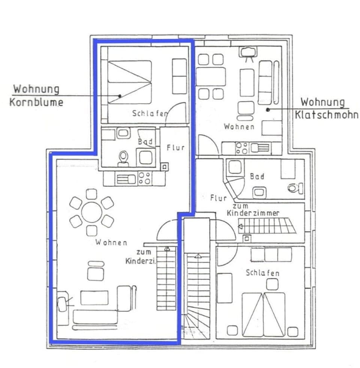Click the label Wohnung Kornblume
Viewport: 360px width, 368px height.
click(36, 96)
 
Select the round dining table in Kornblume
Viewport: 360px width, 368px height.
click(91, 212)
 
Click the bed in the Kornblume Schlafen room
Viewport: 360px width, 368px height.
click(130, 82)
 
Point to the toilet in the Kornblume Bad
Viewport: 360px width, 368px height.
click(123, 158)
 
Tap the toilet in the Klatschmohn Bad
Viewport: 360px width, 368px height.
click(295, 188)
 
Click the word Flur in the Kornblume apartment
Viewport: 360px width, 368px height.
click(175, 147)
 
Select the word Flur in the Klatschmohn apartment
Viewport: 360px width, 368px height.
click(218, 198)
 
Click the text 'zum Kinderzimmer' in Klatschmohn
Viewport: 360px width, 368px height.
click(253, 210)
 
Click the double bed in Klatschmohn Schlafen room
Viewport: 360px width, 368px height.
click(263, 314)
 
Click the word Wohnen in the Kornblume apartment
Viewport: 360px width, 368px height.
click(111, 242)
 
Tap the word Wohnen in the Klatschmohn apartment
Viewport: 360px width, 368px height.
click(239, 126)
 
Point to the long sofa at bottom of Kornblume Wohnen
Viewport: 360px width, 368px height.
click(95, 317)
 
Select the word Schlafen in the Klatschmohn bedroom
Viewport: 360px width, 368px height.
click(262, 273)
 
